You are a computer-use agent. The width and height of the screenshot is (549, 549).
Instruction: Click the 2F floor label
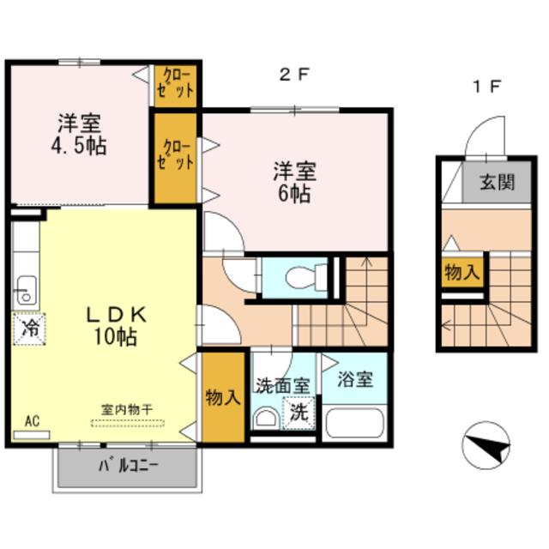click(x=294, y=75)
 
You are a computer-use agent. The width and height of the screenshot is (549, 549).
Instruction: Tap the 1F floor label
click(x=487, y=86)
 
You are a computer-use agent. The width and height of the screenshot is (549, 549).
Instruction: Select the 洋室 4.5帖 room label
click(x=79, y=134)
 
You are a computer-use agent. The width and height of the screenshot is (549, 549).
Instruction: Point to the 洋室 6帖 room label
click(x=294, y=182)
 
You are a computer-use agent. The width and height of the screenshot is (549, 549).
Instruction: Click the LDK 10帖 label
click(x=116, y=325)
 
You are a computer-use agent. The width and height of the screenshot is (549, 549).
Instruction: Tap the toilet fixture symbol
click(x=306, y=278)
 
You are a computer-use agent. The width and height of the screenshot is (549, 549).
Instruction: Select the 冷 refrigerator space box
click(x=29, y=329)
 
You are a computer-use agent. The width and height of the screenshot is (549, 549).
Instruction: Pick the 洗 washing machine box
click(x=299, y=413)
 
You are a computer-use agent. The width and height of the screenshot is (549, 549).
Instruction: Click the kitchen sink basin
click(x=25, y=292)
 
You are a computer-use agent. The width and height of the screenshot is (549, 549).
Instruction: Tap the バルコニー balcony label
click(x=129, y=466)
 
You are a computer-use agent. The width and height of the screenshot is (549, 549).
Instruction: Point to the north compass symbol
click(x=486, y=445)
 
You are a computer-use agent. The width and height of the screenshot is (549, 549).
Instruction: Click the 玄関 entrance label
click(x=498, y=182)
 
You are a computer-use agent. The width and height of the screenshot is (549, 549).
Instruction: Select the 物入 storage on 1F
click(x=462, y=272)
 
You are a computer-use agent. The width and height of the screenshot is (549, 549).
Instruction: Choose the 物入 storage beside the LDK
click(x=223, y=397)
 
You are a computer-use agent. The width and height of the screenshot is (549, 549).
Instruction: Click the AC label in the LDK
click(x=33, y=421)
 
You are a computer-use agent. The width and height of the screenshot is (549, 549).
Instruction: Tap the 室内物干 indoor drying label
click(x=127, y=409)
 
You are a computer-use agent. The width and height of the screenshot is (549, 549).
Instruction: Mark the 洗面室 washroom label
click(x=283, y=385)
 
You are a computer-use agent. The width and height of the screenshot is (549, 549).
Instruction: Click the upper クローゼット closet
click(x=175, y=86)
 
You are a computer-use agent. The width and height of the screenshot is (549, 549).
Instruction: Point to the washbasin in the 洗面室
click(x=266, y=418)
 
